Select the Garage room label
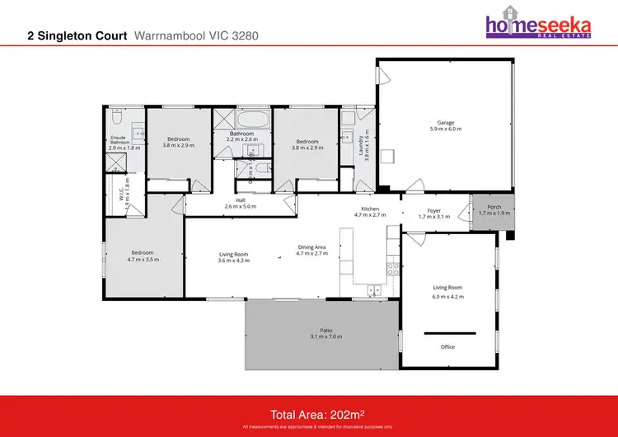pyautogui.click(x=446, y=124)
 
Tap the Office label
pyautogui.click(x=448, y=346)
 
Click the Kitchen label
pyautogui.click(x=369, y=209)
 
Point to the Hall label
pyautogui.click(x=241, y=200)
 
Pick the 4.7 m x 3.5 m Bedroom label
pyautogui.click(x=143, y=254)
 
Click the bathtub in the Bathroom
pyautogui.click(x=244, y=120)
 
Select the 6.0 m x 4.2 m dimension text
pyautogui.click(x=449, y=296)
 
